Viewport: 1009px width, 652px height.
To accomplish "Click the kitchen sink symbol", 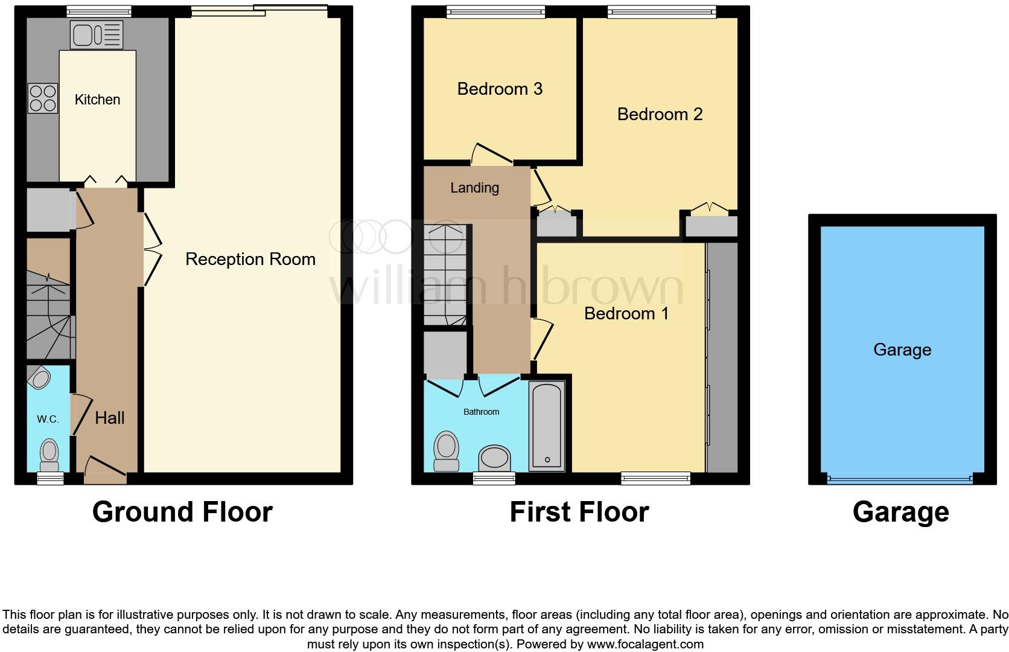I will pyautogui.click(x=96, y=34).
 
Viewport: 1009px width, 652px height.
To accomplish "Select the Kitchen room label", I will pyautogui.click(x=97, y=100).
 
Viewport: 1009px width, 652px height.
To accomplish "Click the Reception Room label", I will pyautogui.click(x=250, y=259).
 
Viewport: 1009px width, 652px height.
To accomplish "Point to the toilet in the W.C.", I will pyautogui.click(x=48, y=455).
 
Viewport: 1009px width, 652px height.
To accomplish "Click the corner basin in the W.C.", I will pyautogui.click(x=40, y=379).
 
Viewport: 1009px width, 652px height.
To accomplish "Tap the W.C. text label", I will pyautogui.click(x=48, y=419).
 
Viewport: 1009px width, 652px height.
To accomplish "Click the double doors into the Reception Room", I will pyautogui.click(x=152, y=249).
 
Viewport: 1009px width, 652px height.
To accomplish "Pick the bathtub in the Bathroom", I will pyautogui.click(x=547, y=426).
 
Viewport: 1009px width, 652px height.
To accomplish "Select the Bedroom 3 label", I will pyautogui.click(x=500, y=89).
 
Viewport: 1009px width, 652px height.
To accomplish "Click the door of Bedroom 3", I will pyautogui.click(x=492, y=154).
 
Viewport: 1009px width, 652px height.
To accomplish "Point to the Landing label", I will pyautogui.click(x=474, y=188).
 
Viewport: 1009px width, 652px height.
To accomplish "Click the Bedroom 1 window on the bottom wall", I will pyautogui.click(x=656, y=478).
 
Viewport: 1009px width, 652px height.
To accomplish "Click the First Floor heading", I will pyautogui.click(x=579, y=512).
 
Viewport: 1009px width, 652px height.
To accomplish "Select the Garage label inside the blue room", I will pyautogui.click(x=902, y=350).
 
